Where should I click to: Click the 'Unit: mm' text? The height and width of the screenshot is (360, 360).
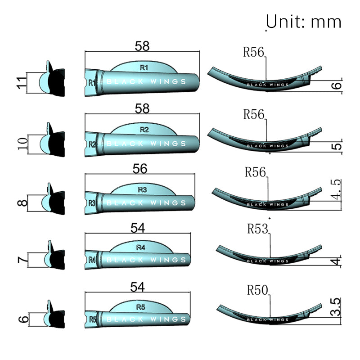pyautogui.click(x=304, y=21)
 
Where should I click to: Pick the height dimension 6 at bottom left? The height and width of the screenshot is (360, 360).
pyautogui.click(x=24, y=320)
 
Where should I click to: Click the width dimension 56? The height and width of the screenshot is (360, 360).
pyautogui.click(x=140, y=169)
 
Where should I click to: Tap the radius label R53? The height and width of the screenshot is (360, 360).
pyautogui.click(x=257, y=229)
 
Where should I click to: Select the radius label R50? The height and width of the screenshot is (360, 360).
pyautogui.click(x=257, y=290)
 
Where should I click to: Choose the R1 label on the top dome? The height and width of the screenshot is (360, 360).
pyautogui.click(x=144, y=68)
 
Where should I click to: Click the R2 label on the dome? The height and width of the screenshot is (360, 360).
pyautogui.click(x=144, y=130)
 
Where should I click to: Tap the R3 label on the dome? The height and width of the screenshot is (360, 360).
pyautogui.click(x=142, y=190)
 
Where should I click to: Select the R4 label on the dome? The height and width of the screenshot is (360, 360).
pyautogui.click(x=140, y=247)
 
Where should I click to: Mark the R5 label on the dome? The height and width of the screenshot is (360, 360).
pyautogui.click(x=140, y=308)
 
